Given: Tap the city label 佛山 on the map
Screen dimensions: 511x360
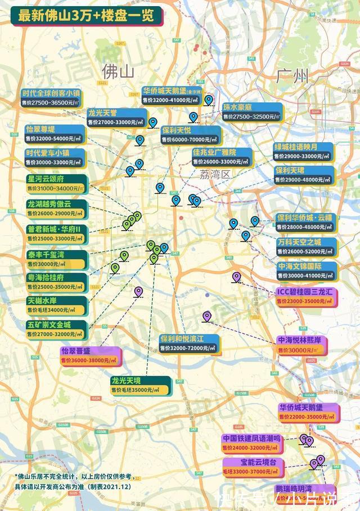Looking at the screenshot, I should (x=119, y=71).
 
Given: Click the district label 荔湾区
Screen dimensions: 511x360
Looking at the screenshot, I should (x=215, y=174).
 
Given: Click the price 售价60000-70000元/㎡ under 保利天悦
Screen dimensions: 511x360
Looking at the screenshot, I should (x=191, y=139).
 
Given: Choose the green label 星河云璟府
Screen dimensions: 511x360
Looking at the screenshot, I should (x=54, y=179).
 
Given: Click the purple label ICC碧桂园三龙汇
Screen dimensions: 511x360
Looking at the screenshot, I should (x=306, y=292).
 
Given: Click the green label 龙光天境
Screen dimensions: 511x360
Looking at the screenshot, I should (x=133, y=381).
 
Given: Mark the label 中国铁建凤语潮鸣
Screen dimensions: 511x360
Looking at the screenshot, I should (x=250, y=438).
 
